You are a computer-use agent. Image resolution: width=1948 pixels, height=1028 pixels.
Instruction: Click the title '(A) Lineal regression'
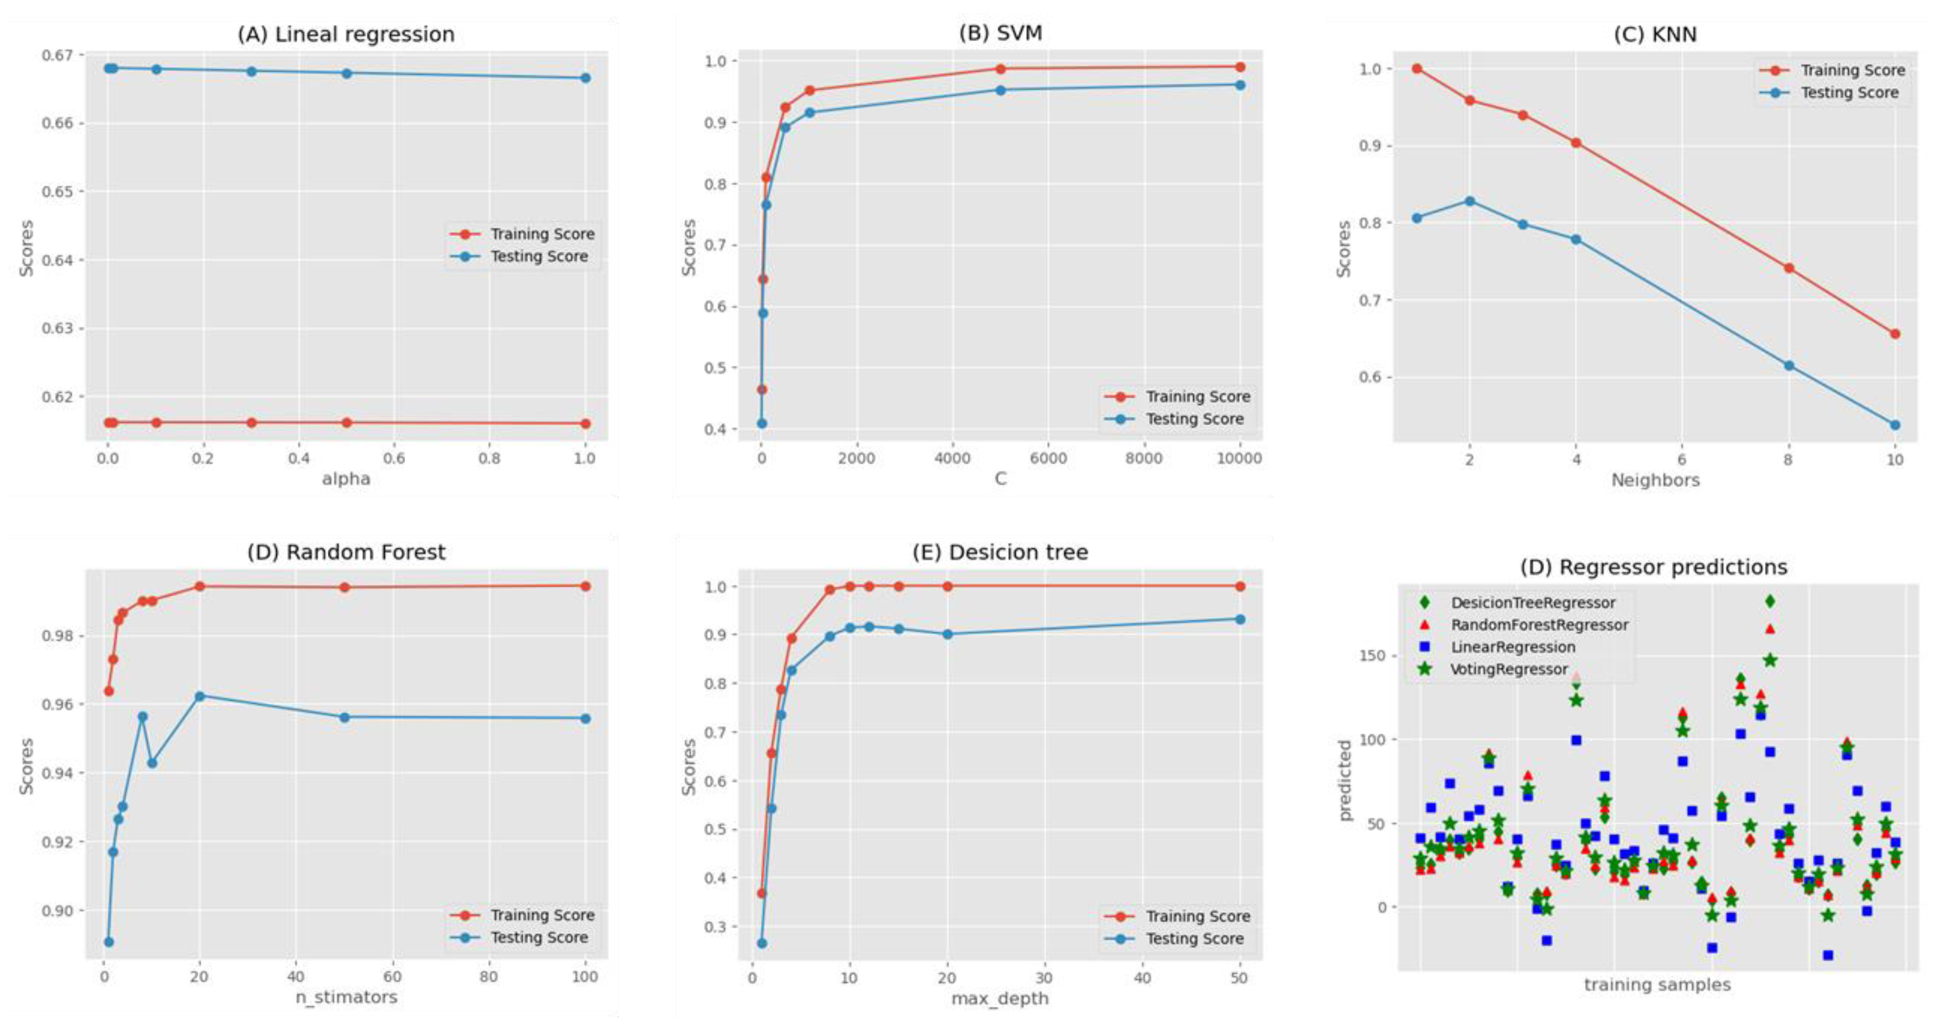[346, 34]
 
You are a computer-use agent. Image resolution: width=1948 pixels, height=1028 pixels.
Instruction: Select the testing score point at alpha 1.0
[585, 78]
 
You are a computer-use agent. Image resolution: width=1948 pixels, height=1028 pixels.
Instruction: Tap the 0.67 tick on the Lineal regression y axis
[58, 55]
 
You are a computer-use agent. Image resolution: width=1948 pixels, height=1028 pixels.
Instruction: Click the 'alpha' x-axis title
[346, 479]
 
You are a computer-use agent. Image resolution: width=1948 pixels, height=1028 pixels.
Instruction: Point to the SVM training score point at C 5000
[1001, 69]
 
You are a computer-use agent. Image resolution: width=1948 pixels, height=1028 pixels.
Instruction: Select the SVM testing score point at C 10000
[1240, 85]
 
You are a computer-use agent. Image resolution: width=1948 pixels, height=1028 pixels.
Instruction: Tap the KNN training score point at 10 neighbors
[1895, 334]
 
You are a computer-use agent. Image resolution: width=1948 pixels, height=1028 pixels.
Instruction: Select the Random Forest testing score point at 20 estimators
[200, 696]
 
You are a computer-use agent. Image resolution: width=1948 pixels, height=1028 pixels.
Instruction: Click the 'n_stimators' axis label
[346, 997]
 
